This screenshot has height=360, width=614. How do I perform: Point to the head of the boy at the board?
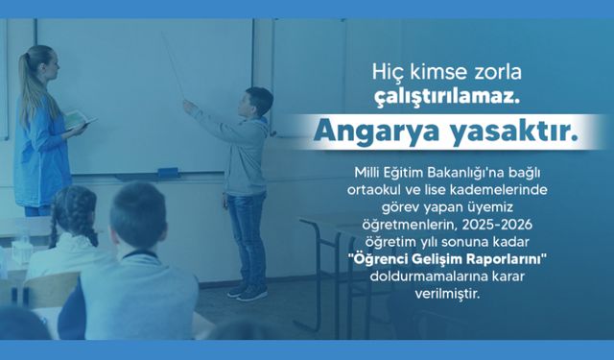(x=257, y=103)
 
